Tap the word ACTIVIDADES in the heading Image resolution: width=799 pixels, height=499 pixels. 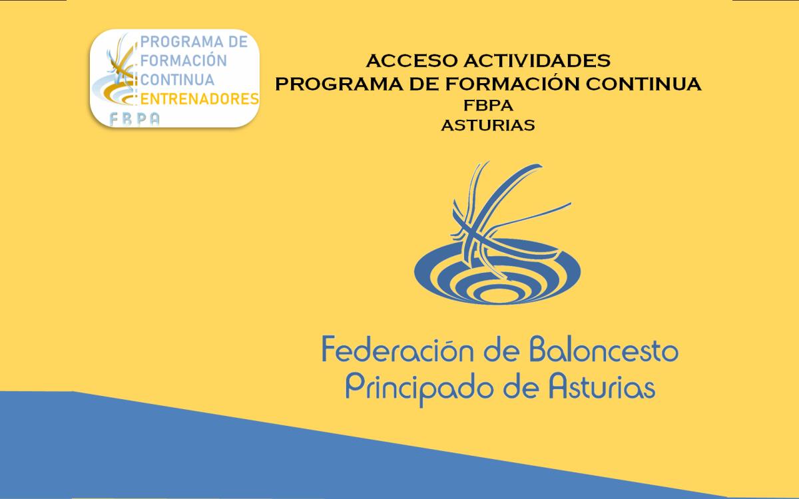[537, 61]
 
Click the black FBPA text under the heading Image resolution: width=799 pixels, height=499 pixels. [488, 106]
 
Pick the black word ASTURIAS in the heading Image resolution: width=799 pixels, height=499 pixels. [488, 126]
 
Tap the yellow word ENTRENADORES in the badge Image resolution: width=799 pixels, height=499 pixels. [200, 99]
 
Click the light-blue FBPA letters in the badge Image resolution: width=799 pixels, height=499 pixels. [134, 119]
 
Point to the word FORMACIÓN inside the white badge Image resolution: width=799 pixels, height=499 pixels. [184, 60]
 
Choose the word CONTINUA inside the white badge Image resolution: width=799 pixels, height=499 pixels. [177, 80]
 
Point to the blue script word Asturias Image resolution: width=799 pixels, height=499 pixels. [602, 387]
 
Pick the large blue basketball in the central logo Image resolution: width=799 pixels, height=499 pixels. [507, 221]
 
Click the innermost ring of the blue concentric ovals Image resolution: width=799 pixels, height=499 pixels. [497, 295]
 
